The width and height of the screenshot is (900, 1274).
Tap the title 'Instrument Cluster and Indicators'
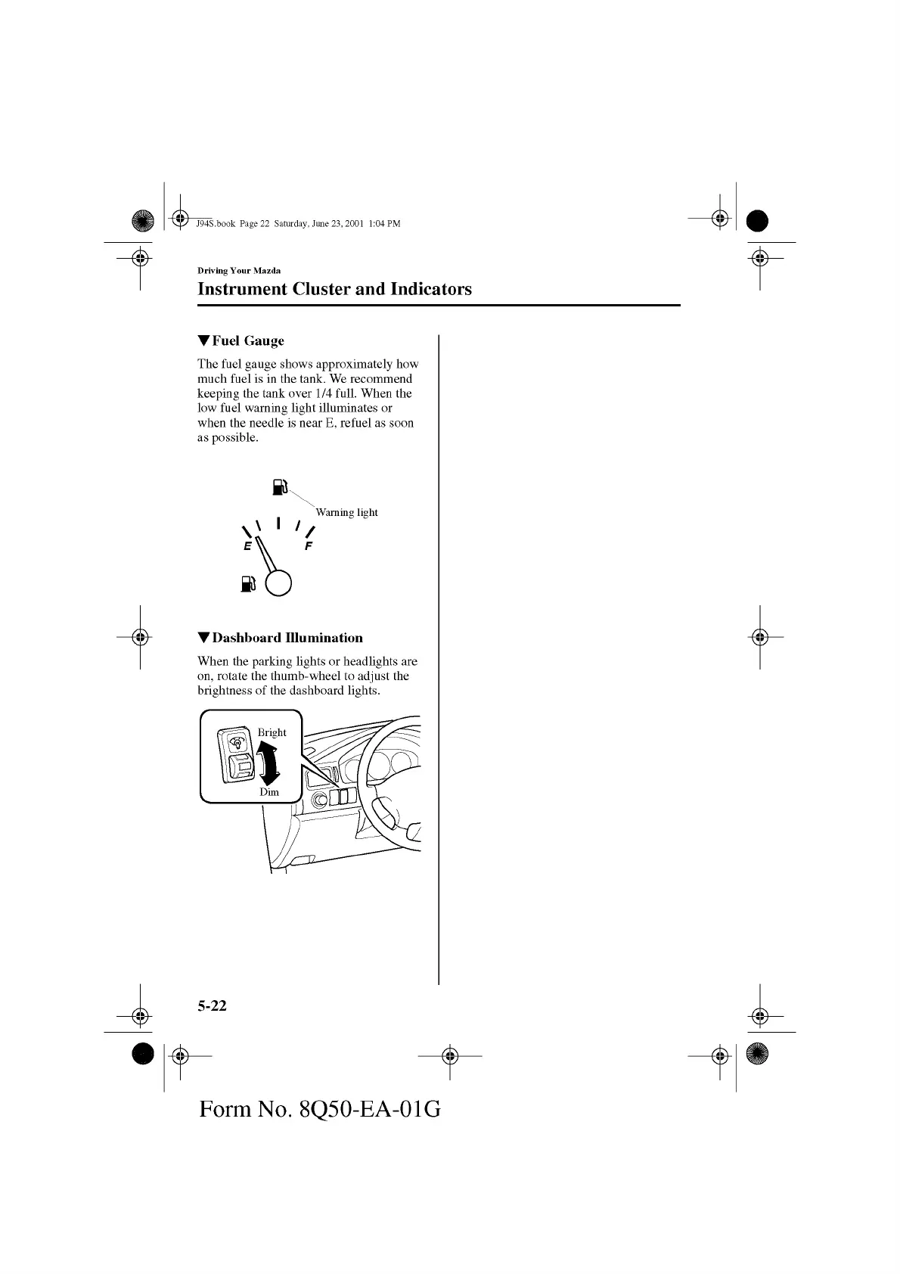point(334,289)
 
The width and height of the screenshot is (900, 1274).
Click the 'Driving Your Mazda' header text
point(239,271)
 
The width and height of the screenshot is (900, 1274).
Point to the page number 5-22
point(212,1005)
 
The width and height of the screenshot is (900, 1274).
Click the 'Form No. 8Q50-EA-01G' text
point(320,1109)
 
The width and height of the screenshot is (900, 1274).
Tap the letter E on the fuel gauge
point(247,546)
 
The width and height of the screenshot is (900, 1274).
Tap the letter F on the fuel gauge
point(308,546)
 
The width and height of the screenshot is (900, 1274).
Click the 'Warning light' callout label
point(346,512)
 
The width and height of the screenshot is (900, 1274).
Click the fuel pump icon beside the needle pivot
point(249,583)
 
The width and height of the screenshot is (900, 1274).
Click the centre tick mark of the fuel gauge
point(279,523)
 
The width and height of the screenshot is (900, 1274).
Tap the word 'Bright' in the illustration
point(272,732)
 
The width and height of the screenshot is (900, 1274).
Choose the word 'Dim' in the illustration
point(269,792)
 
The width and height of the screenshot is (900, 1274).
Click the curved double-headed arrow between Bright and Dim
point(268,763)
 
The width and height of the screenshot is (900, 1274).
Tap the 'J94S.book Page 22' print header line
point(298,224)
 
